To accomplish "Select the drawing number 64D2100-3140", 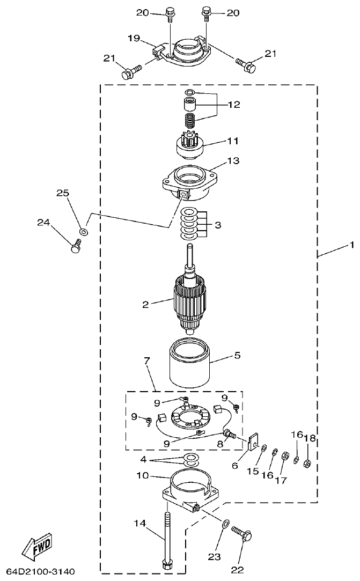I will (41, 570).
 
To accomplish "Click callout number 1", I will (351, 246).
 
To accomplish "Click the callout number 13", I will (233, 160).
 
